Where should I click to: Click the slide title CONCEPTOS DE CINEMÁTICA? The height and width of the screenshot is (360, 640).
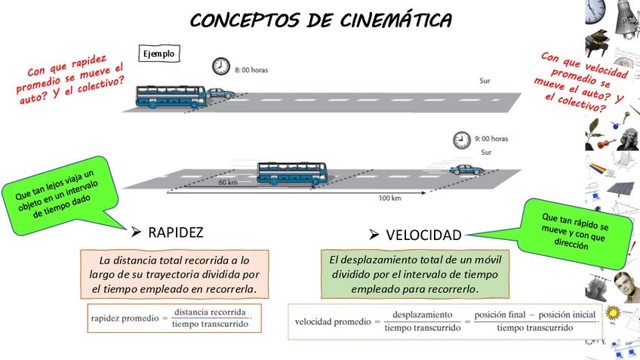[321, 20]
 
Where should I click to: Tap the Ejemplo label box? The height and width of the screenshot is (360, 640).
[160, 54]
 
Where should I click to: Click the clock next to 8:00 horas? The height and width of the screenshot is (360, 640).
[220, 66]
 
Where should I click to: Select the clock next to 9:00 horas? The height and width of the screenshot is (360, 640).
[461, 140]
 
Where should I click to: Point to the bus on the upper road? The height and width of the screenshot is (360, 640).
[170, 97]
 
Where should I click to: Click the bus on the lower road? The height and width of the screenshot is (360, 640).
[291, 173]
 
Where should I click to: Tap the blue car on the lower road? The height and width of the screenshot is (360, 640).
[463, 170]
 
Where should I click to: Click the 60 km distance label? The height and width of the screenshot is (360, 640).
[227, 182]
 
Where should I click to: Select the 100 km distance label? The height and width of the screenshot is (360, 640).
[389, 198]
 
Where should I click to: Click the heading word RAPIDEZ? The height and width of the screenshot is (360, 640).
[176, 232]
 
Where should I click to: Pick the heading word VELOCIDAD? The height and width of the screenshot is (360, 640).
[423, 235]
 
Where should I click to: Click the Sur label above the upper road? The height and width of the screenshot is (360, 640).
[485, 79]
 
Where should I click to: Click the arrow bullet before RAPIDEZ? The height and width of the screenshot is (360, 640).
[136, 231]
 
